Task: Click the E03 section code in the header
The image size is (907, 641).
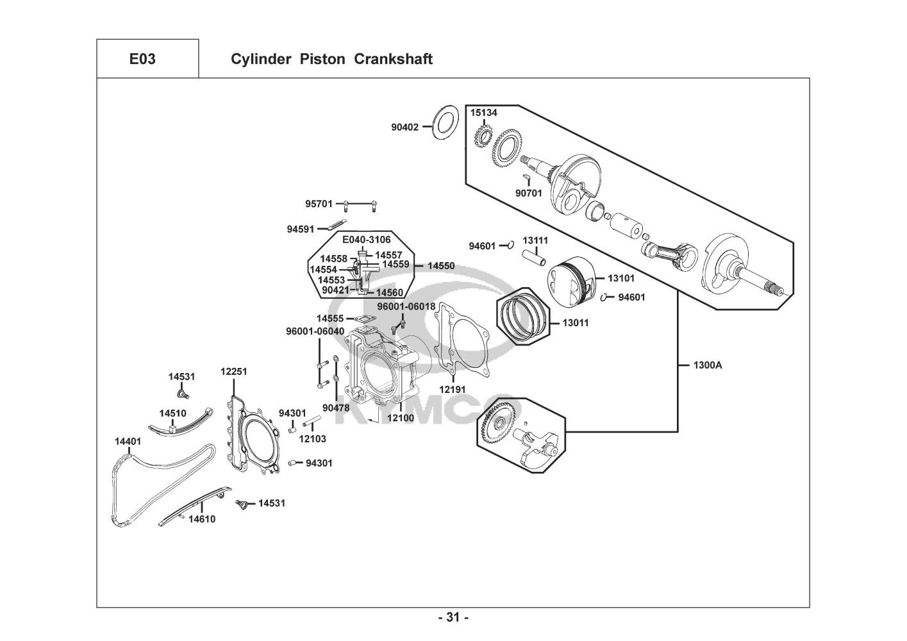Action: click(x=142, y=59)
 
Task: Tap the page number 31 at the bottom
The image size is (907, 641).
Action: click(x=453, y=618)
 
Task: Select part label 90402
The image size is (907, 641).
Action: click(x=405, y=127)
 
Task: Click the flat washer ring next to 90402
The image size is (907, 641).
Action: click(x=443, y=121)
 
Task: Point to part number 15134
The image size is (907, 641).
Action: click(x=484, y=113)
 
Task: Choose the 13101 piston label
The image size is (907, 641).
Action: click(x=620, y=278)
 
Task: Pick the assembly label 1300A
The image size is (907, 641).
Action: click(x=708, y=365)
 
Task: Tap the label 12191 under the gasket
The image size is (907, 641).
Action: click(x=452, y=389)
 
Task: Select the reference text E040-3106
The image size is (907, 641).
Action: click(x=367, y=240)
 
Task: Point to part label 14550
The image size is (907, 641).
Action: click(x=441, y=265)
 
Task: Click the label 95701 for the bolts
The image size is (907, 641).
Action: click(x=319, y=204)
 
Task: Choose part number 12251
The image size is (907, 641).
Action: click(x=233, y=372)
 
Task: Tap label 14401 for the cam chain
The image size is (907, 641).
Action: click(x=128, y=442)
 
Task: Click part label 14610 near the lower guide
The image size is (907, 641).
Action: click(x=202, y=519)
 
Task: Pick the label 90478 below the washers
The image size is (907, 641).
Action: click(x=336, y=408)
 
